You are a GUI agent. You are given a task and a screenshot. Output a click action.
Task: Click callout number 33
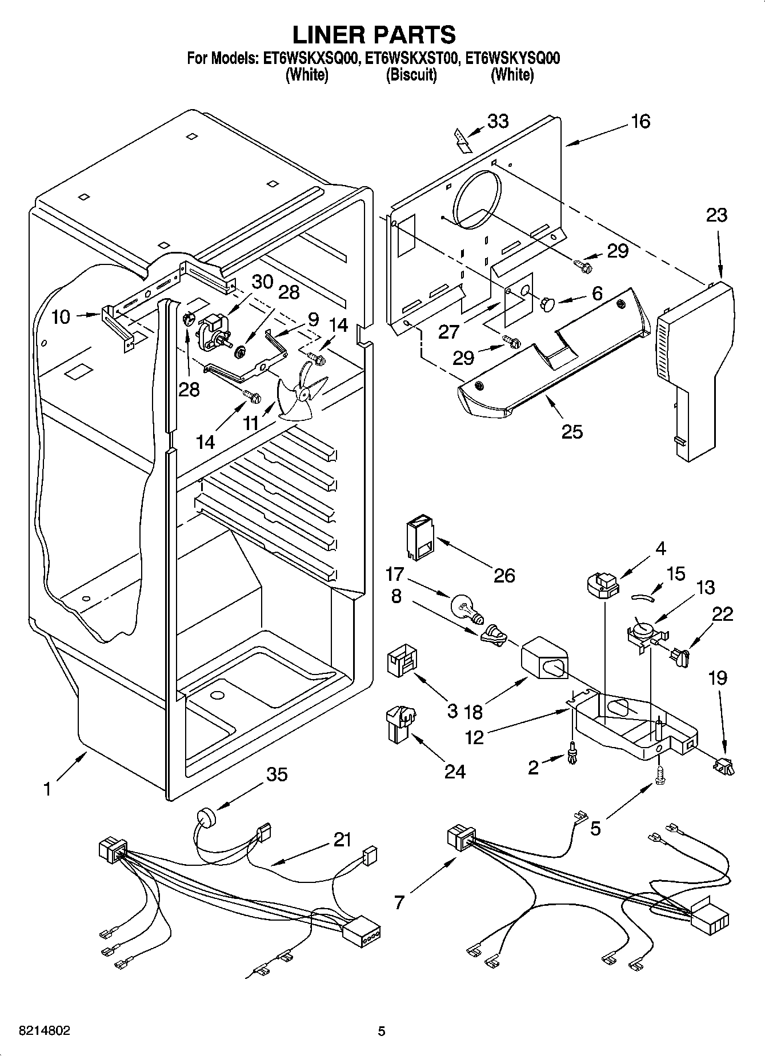point(498,121)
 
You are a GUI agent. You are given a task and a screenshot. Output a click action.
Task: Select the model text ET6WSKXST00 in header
point(411,58)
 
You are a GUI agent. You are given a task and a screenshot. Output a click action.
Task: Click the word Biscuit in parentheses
point(411,75)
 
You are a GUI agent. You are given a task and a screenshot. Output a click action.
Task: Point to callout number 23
point(716,215)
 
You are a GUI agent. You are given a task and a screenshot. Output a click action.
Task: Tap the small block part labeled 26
point(420,537)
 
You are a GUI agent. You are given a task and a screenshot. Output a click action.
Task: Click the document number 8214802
point(45,1031)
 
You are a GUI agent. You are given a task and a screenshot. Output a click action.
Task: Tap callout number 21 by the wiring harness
point(342,840)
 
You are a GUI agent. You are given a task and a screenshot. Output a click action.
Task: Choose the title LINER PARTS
point(374,34)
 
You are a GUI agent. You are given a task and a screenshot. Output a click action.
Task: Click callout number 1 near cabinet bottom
point(47,789)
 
